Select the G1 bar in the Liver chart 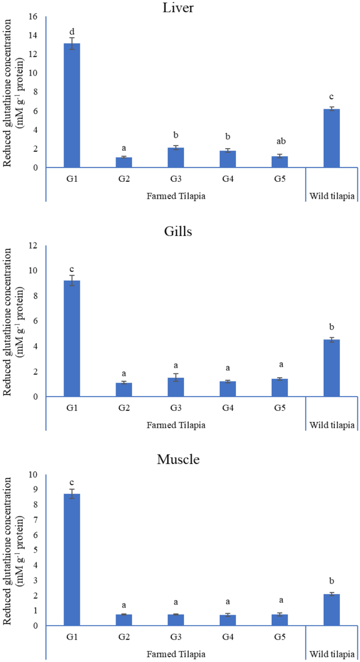click(x=71, y=105)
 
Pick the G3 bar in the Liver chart click(x=176, y=158)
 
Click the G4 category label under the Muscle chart click(x=228, y=636)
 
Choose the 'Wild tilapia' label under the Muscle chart click(x=332, y=654)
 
